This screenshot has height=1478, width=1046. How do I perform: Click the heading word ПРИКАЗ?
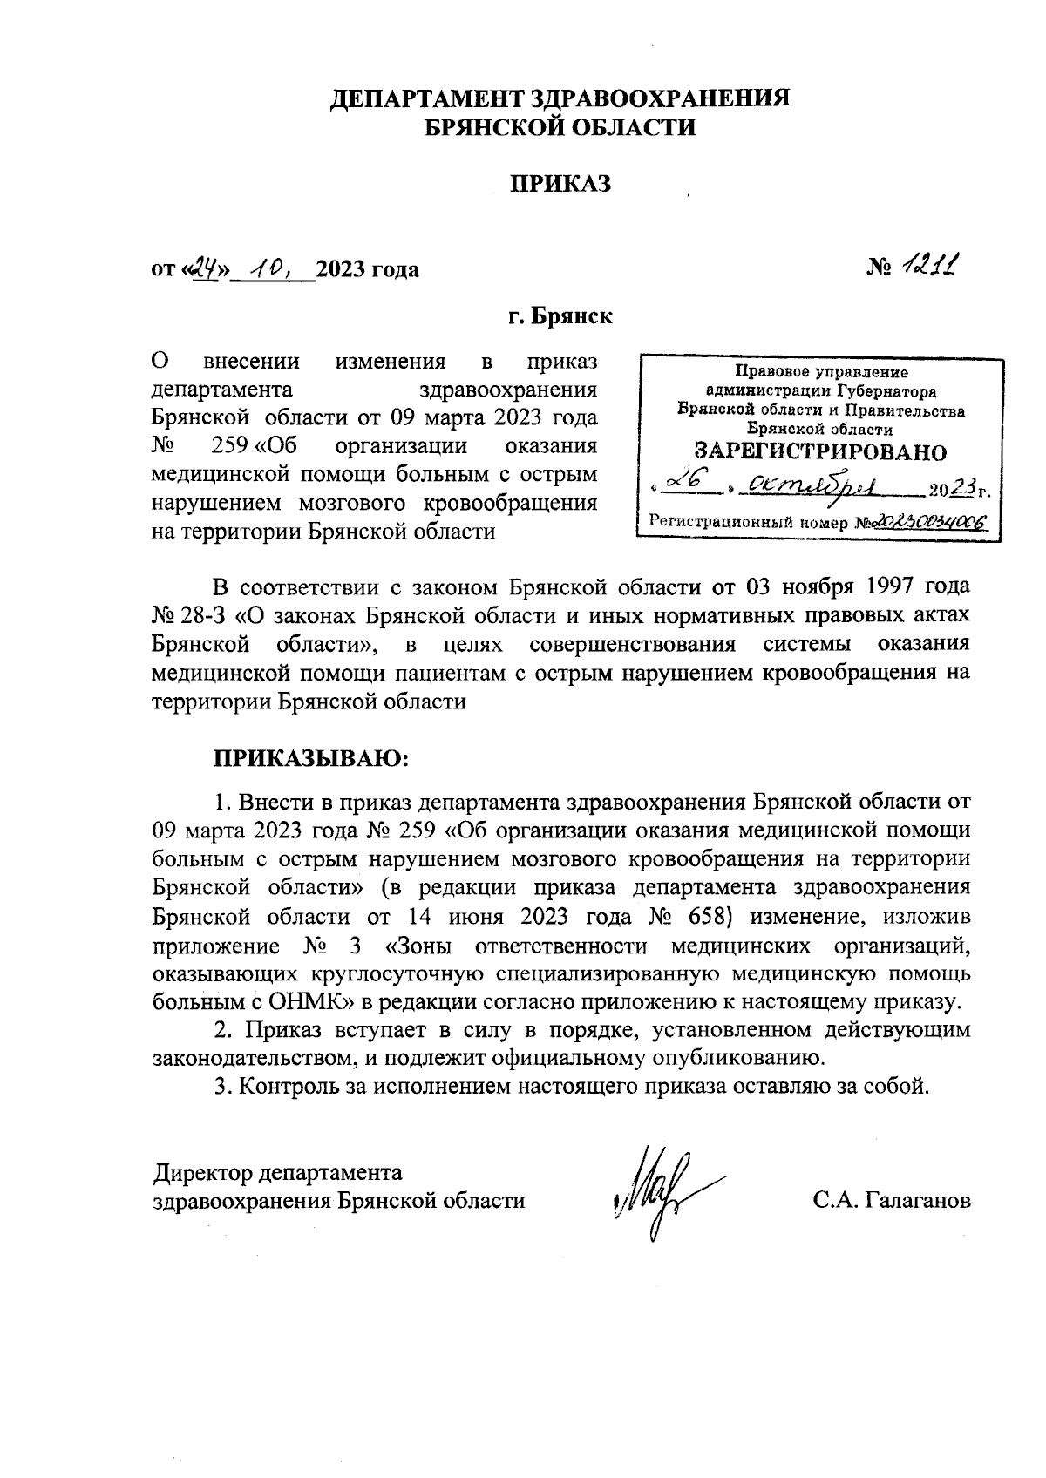[560, 184]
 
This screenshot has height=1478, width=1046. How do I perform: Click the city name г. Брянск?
[560, 315]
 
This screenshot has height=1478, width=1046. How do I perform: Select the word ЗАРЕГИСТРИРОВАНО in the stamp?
[818, 451]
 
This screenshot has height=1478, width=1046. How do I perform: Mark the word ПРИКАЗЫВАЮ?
[311, 756]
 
